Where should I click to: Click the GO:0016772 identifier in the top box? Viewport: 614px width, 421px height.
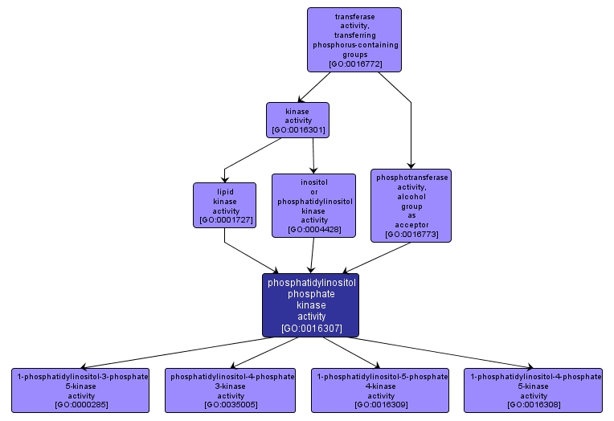click(x=354, y=63)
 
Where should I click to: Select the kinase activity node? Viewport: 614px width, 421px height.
click(x=298, y=120)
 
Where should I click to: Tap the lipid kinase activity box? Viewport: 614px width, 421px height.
click(x=224, y=205)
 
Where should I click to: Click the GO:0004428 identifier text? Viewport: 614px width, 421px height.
click(x=314, y=229)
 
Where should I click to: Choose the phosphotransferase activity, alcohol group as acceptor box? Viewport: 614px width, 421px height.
click(x=411, y=205)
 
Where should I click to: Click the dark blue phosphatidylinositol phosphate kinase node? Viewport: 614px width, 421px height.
click(x=310, y=305)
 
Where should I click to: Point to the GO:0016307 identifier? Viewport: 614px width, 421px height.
click(x=310, y=328)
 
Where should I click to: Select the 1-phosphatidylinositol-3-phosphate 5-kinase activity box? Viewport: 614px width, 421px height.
click(x=81, y=390)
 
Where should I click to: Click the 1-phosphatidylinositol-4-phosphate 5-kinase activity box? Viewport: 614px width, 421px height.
click(x=534, y=390)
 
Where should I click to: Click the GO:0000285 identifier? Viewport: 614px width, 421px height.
click(x=81, y=404)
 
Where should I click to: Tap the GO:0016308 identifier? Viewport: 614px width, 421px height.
click(x=534, y=404)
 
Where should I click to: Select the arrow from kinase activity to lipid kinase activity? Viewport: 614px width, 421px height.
click(x=252, y=153)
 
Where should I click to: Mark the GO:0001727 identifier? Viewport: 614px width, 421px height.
click(x=224, y=219)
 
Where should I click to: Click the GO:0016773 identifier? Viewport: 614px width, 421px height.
click(x=411, y=235)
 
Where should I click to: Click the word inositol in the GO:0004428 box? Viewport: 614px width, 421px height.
click(x=314, y=182)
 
